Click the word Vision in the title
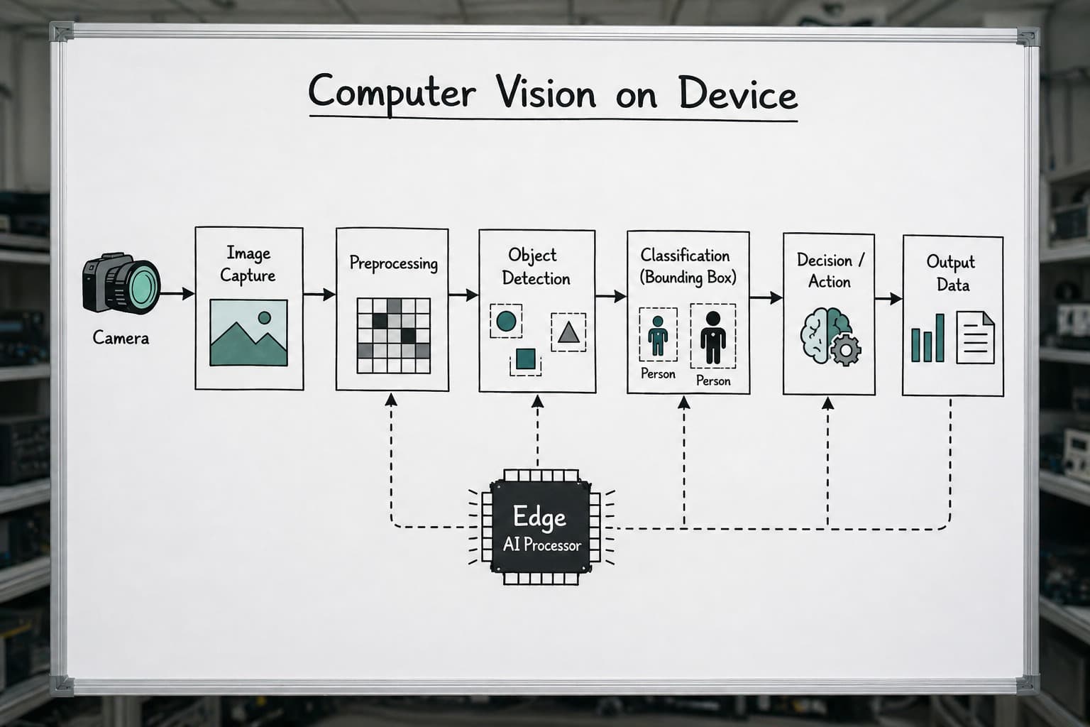(x=546, y=92)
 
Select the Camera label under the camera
(x=121, y=338)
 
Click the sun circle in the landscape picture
(x=264, y=318)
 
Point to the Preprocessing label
(x=393, y=263)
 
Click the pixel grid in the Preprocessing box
(x=394, y=336)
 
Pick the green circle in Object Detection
(x=506, y=322)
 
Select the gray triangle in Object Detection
(x=568, y=333)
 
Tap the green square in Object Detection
(x=526, y=359)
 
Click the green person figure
(x=658, y=336)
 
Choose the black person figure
(x=713, y=337)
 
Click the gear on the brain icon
(x=846, y=349)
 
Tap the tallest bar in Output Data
(x=940, y=337)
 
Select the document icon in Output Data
(x=975, y=337)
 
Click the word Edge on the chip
(x=539, y=517)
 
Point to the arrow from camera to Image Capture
(x=177, y=294)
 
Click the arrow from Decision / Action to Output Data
(x=888, y=298)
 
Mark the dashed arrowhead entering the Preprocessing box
(x=391, y=400)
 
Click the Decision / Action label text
(x=830, y=270)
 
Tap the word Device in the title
(x=738, y=93)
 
